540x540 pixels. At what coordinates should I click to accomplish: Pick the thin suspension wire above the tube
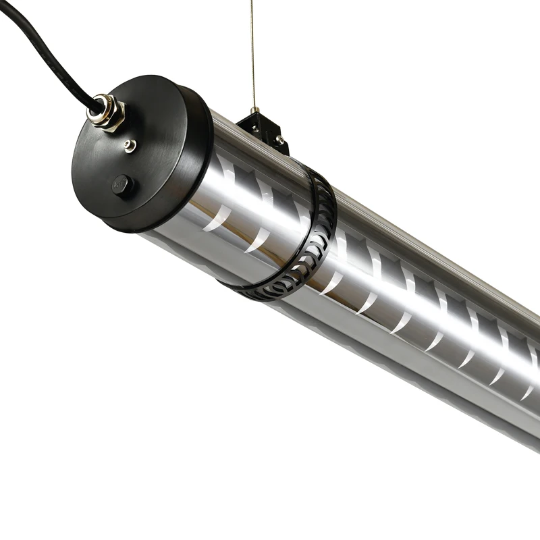coord(252,54)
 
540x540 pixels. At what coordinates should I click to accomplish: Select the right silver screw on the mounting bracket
coord(278,140)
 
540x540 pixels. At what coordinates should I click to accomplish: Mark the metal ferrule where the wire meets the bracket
coord(254,109)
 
